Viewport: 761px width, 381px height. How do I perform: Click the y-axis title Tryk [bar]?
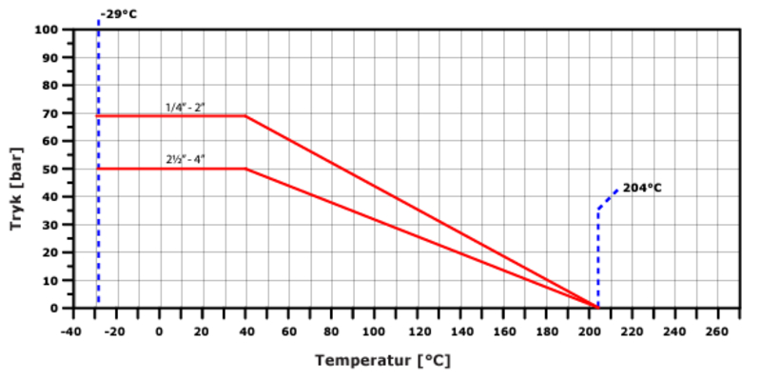pos(21,169)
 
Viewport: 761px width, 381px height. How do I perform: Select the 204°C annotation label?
pos(642,188)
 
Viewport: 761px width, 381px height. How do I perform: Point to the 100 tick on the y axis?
pos(49,30)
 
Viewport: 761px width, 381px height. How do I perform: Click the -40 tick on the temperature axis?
pos(70,331)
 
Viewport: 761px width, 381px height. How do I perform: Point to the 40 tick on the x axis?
pos(244,331)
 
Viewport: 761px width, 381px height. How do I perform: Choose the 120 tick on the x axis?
pos(417,331)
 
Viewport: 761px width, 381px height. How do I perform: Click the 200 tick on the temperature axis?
pos(589,331)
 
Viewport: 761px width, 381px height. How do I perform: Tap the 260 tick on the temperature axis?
pos(718,331)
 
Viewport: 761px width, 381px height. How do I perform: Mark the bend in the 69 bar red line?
pos(245,116)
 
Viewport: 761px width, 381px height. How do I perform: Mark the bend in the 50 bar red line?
pos(245,169)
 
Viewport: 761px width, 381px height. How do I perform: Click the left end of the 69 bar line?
pos(99,116)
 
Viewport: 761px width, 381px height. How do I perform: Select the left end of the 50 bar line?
pos(99,169)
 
